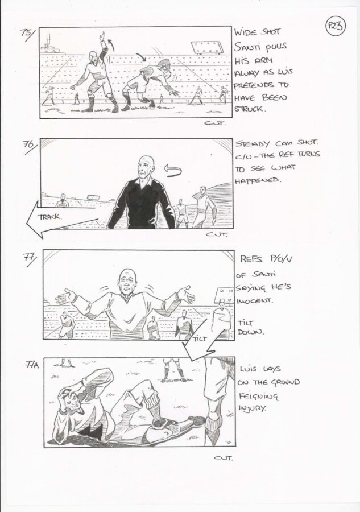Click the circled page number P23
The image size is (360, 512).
pos(335,26)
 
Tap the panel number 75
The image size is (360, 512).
pos(26,34)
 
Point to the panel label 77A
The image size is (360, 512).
pos(32,365)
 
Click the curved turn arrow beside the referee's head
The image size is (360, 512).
pos(172,171)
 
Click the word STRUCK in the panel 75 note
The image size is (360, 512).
pos(249,109)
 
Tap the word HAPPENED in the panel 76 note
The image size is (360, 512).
pos(258,180)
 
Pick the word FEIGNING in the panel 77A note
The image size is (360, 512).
pos(258,396)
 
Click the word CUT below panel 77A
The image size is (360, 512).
pos(224,458)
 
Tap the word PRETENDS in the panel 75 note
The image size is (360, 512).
pos(254,85)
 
